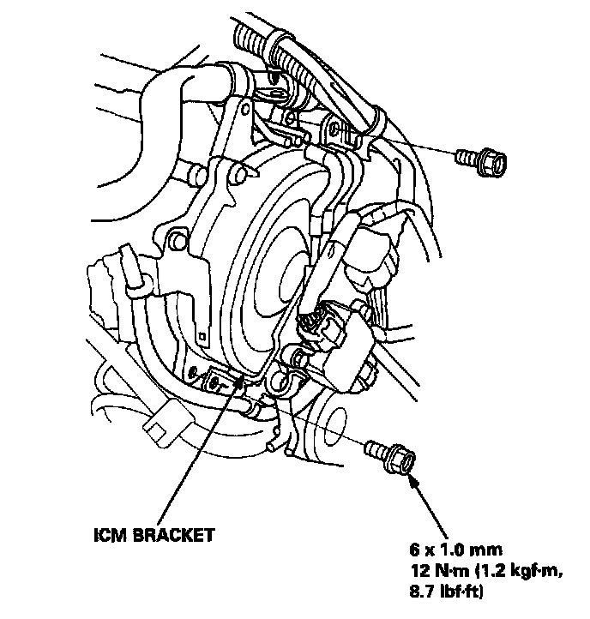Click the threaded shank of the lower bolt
click(376, 448)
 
